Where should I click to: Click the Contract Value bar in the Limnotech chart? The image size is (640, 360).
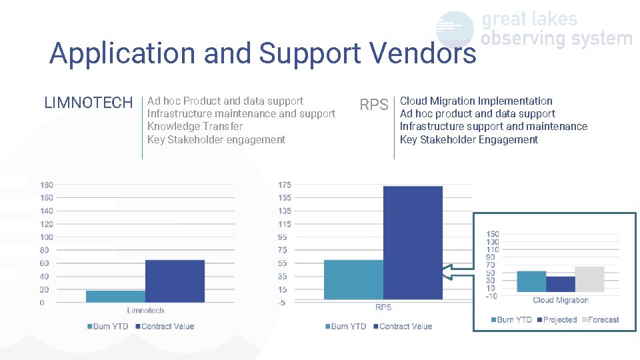[x=175, y=281]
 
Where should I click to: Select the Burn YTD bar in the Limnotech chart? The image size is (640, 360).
[x=115, y=297]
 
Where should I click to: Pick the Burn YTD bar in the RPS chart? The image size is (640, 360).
[x=353, y=279]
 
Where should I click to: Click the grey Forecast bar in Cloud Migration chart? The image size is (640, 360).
[x=589, y=279]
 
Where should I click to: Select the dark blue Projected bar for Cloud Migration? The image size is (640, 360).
[x=560, y=284]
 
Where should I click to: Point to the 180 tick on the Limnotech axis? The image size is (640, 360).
[x=47, y=185]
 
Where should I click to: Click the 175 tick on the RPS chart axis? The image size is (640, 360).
[x=285, y=185]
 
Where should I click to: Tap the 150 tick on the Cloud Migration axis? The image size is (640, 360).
[x=492, y=234]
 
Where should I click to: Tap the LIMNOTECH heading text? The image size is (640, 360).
[x=89, y=103]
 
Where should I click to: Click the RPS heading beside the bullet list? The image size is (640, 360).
[x=374, y=105]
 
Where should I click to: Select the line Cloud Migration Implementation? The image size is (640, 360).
[x=476, y=101]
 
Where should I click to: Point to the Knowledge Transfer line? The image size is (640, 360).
[x=195, y=127]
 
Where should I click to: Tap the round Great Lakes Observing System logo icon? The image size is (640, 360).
[x=455, y=29]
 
